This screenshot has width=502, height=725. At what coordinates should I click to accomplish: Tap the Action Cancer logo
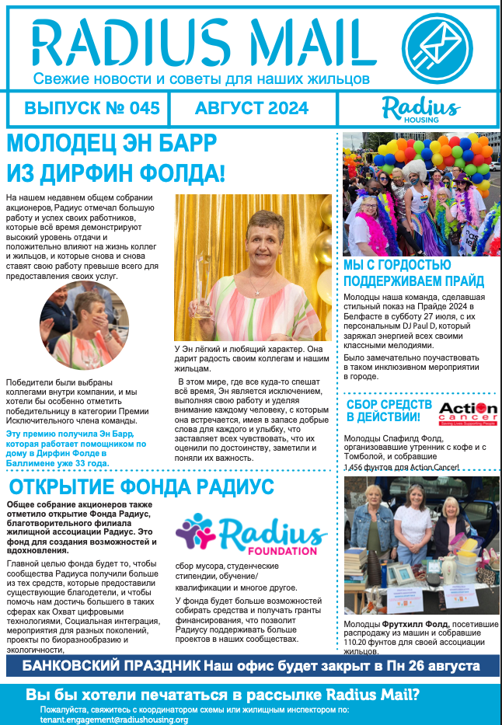coord(468,413)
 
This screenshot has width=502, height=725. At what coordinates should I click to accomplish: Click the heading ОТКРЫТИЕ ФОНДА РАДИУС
coord(140,487)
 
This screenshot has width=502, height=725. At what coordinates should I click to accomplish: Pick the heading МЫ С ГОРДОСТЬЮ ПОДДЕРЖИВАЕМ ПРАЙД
coord(413,274)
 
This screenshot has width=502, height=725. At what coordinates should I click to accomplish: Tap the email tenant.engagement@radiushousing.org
coord(114,720)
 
